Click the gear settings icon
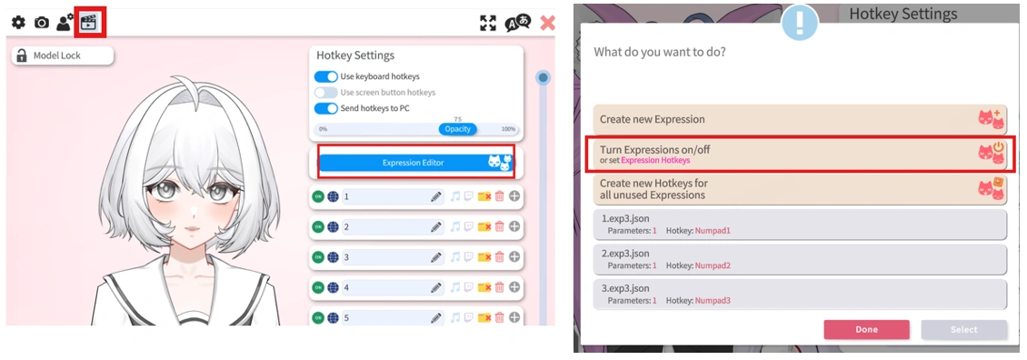click(18, 23)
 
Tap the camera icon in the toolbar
click(42, 23)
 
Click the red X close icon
click(547, 23)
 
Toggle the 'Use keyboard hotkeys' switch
click(325, 76)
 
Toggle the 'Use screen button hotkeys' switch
click(325, 93)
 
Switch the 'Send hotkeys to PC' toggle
click(325, 108)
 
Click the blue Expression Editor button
click(414, 163)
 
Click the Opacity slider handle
click(457, 129)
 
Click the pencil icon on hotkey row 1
click(436, 196)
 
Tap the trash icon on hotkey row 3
click(499, 257)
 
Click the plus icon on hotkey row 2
click(514, 226)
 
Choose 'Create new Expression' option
click(800, 119)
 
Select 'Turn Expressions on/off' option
click(800, 153)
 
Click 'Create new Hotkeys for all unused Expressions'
click(800, 188)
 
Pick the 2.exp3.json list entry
click(800, 259)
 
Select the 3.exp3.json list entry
click(800, 295)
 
